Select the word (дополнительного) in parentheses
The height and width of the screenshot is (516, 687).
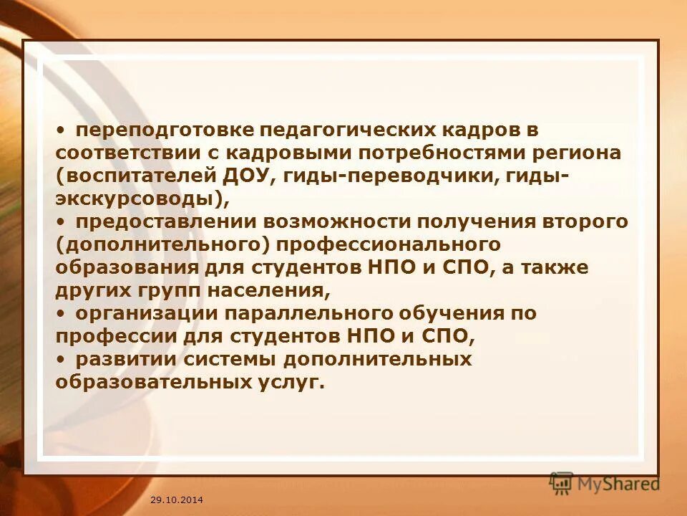point(162,244)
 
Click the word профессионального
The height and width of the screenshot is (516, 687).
point(389,244)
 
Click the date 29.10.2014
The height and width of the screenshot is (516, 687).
point(177,498)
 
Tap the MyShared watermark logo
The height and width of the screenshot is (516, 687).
point(605,483)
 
